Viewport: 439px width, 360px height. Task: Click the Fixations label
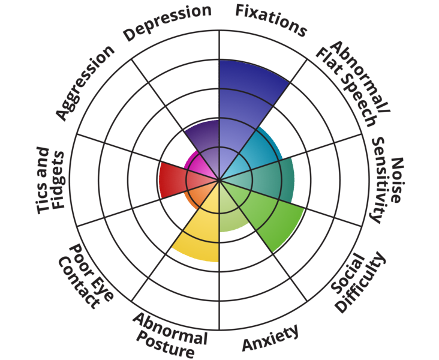pyautogui.click(x=270, y=19)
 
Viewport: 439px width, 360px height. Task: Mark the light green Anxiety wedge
pyautogui.click(x=231, y=213)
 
